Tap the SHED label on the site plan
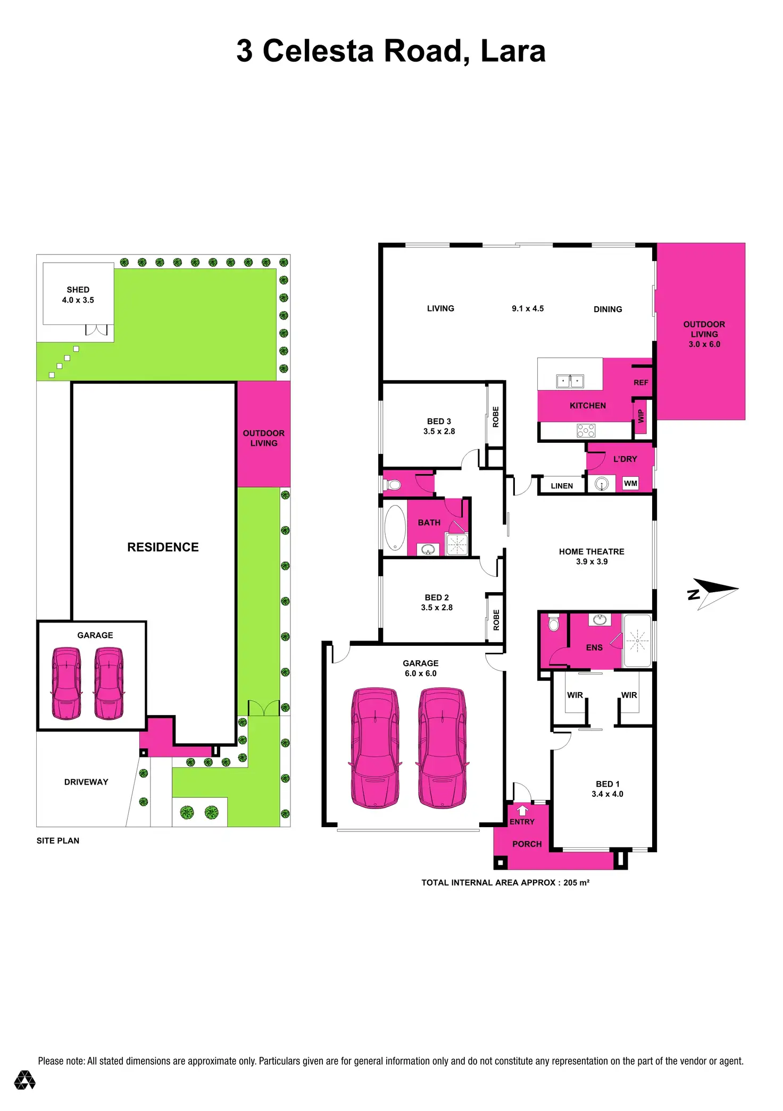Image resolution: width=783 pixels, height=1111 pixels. [78, 290]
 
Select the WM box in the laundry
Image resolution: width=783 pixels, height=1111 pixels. [630, 483]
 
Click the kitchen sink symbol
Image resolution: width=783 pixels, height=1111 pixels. [570, 381]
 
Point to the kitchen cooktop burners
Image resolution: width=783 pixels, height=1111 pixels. [586, 430]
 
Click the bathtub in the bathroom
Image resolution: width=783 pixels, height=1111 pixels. [395, 527]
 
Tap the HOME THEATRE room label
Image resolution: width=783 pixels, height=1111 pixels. [592, 552]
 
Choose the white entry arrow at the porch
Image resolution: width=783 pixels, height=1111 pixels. [522, 810]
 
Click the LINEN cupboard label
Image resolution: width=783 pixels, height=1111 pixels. [562, 486]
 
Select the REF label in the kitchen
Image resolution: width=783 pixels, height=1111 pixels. [641, 383]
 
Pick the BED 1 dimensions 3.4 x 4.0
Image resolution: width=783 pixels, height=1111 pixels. [607, 794]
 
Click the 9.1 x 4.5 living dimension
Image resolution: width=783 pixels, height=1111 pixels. [528, 309]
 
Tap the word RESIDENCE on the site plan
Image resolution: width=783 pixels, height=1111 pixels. [163, 547]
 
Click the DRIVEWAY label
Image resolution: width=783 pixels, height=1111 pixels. [86, 782]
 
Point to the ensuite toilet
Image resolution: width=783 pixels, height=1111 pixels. [554, 623]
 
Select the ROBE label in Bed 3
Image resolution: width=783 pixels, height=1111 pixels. [496, 417]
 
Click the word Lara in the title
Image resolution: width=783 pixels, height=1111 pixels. [513, 51]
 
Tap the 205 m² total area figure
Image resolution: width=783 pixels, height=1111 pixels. [576, 883]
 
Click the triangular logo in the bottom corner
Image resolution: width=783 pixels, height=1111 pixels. [24, 1080]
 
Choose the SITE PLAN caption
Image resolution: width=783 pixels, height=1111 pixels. [58, 841]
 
